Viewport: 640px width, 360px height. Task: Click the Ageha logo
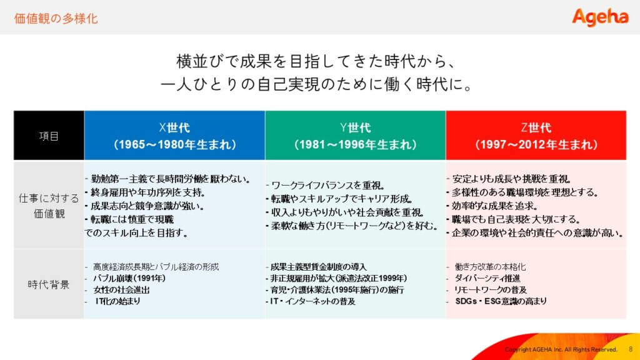[x=600, y=17]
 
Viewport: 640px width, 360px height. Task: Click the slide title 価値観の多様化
[x=56, y=18]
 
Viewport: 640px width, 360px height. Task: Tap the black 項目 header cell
[x=49, y=136]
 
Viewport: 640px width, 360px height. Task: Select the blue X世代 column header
[x=175, y=136]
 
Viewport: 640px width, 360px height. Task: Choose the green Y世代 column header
[x=356, y=136]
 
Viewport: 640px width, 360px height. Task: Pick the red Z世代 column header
[x=536, y=136]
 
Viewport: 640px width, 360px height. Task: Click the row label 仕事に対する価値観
[x=49, y=206]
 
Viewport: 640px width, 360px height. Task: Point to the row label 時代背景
[x=49, y=284]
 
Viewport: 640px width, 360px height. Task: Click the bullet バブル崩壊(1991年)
[x=129, y=278]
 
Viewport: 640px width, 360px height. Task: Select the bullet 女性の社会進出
[x=121, y=290]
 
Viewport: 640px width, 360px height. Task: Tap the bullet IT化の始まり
[x=117, y=301]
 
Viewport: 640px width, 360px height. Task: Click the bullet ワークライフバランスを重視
[x=328, y=185]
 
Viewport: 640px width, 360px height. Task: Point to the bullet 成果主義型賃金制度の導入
[x=318, y=267]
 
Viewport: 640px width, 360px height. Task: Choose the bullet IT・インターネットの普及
[x=312, y=301]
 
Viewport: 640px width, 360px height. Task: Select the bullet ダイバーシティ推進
[x=487, y=278]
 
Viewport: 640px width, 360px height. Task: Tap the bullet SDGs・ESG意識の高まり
[x=501, y=301]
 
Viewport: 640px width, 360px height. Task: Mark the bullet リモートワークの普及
[x=491, y=290]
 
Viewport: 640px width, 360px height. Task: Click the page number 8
[x=631, y=349]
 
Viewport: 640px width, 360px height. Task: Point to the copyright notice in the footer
[x=561, y=349]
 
